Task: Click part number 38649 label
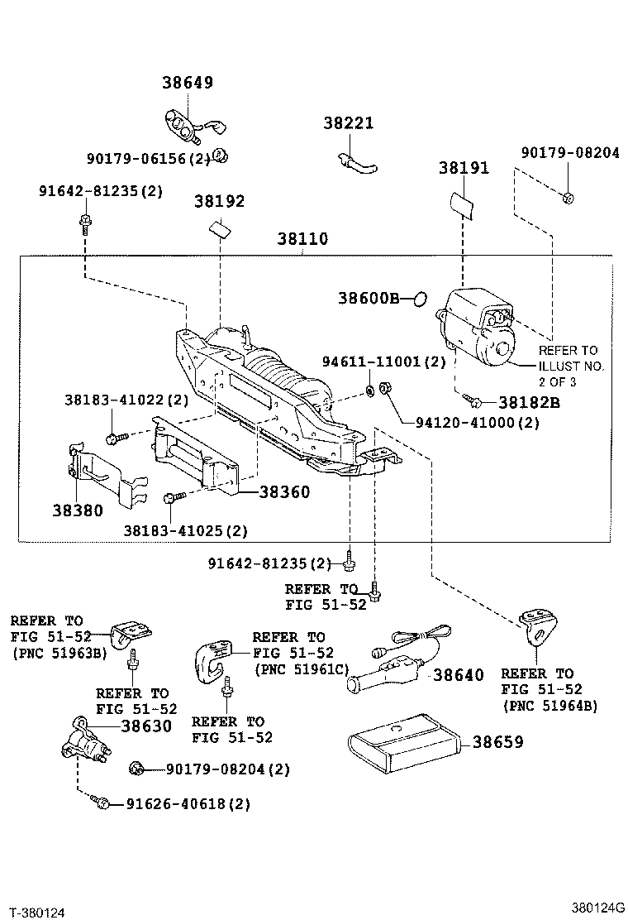click(187, 82)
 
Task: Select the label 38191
click(464, 167)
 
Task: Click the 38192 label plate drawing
click(220, 228)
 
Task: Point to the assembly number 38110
click(302, 239)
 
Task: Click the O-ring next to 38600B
click(419, 298)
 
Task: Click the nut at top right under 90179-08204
click(567, 197)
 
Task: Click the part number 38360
click(284, 491)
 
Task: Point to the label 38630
click(146, 726)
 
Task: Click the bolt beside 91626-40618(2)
click(102, 803)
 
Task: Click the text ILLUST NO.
click(572, 366)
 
